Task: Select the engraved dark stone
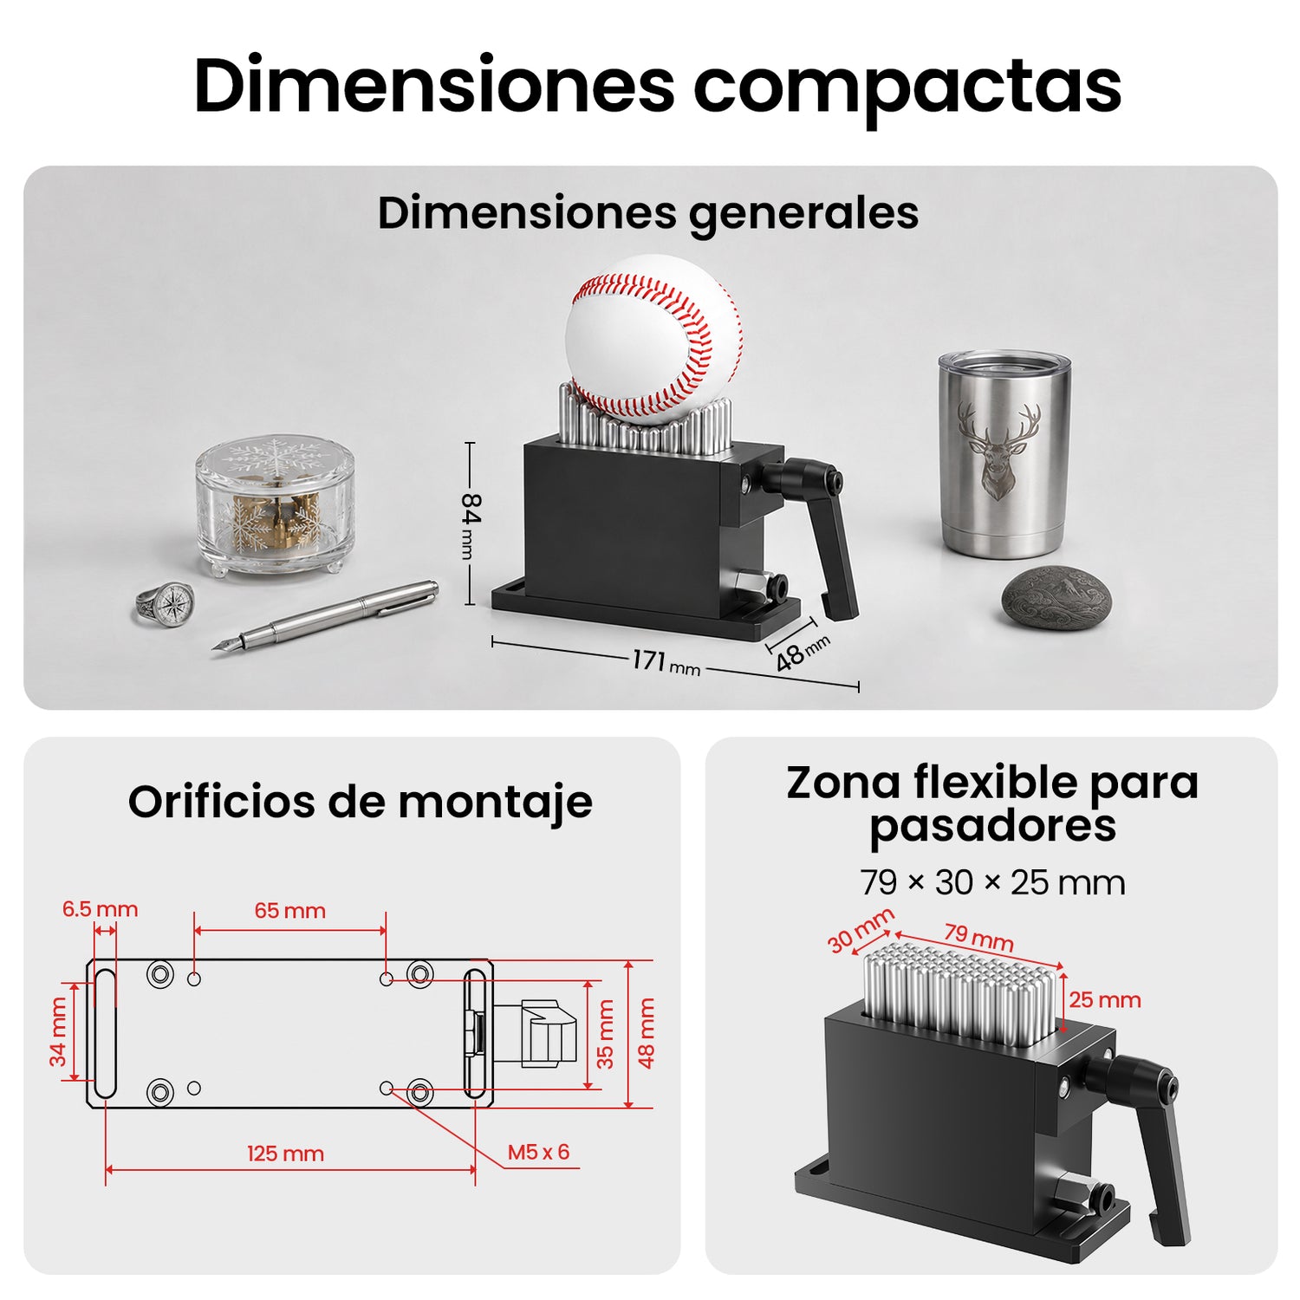tap(1056, 598)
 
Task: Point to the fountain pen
tap(326, 616)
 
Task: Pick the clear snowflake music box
tap(275, 507)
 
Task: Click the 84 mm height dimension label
tap(471, 525)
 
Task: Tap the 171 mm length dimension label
tap(666, 663)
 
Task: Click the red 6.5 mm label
tap(100, 909)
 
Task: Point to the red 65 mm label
tap(290, 911)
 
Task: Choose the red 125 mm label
tap(285, 1154)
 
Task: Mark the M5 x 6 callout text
tap(538, 1152)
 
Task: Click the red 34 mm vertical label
tap(57, 1031)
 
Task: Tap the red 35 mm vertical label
tap(605, 1034)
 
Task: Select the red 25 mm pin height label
tap(1105, 1000)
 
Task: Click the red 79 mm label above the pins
tap(979, 937)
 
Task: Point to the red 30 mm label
tap(861, 930)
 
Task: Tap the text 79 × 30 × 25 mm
tap(993, 883)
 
